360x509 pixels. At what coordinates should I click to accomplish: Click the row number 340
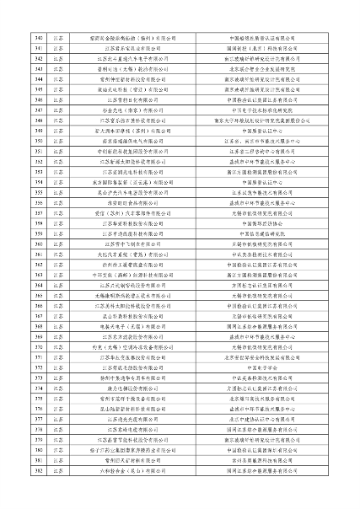(x=36, y=39)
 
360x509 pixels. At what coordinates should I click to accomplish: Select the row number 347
(x=36, y=110)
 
